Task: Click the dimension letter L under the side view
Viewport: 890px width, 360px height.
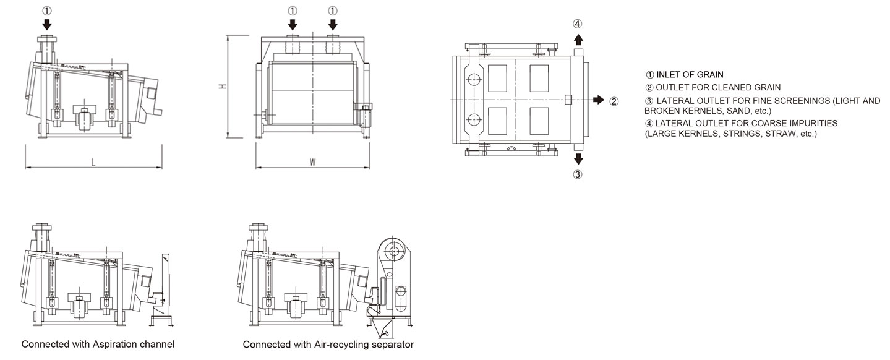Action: pos(93,162)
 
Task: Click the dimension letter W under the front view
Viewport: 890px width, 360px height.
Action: pos(313,162)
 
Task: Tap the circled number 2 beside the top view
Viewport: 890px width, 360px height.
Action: pos(614,101)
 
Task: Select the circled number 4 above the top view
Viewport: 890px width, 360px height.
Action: pos(577,24)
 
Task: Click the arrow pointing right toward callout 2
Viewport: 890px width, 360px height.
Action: pos(597,100)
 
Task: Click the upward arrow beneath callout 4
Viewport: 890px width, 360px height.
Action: pos(578,40)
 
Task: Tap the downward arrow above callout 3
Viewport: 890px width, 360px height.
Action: pos(578,158)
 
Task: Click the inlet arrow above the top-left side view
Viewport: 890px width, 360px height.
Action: pos(48,25)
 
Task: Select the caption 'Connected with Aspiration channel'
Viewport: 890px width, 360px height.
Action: pos(98,344)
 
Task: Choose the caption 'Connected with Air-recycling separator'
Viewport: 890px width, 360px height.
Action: pos(328,344)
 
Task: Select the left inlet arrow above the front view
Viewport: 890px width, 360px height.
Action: pos(293,25)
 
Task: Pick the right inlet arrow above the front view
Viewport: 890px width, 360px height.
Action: pos(333,25)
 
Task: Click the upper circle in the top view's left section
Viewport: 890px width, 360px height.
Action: pos(474,79)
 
